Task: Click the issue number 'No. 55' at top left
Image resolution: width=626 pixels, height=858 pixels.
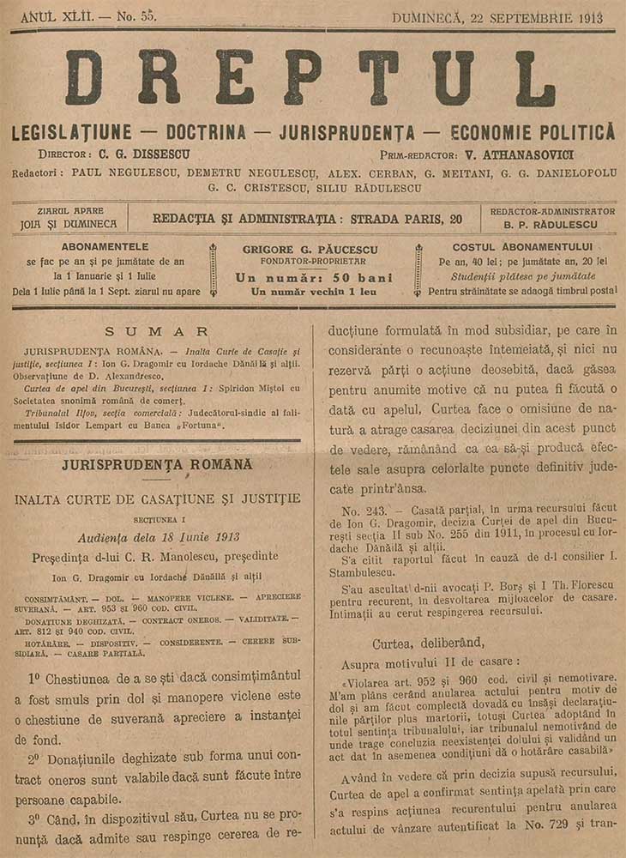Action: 114,17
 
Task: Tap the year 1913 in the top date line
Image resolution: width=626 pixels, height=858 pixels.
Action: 586,18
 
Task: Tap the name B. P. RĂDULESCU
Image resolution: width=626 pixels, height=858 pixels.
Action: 551,226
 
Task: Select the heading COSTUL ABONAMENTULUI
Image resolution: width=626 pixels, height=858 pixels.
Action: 527,247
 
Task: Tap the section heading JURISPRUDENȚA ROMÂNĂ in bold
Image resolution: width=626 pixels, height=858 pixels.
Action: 155,464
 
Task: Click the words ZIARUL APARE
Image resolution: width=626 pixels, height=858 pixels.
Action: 70,210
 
